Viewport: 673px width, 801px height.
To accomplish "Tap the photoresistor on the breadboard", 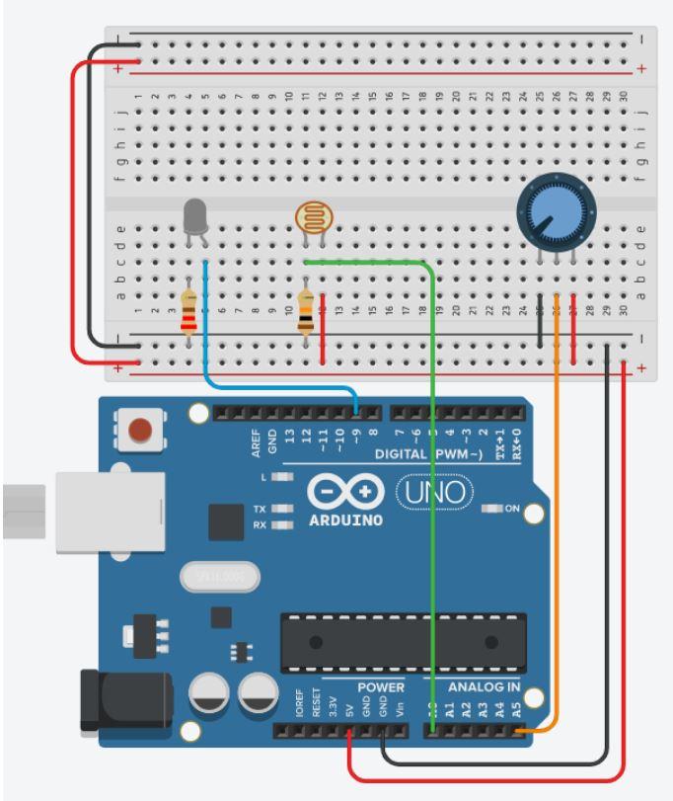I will click(x=313, y=218).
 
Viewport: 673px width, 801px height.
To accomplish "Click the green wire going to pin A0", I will click(x=432, y=494).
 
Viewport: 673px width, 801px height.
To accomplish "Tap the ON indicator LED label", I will click(x=510, y=509).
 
